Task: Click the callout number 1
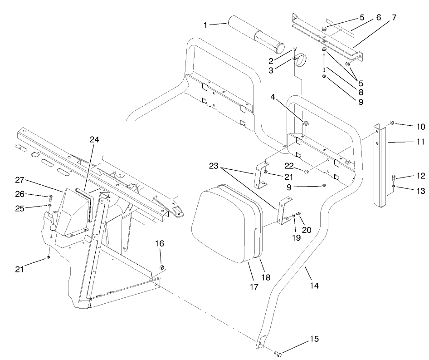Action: tap(206, 25)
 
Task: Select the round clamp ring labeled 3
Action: tap(303, 60)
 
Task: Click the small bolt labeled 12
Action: tap(394, 178)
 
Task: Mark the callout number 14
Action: tap(314, 286)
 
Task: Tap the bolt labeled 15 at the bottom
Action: tap(278, 352)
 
